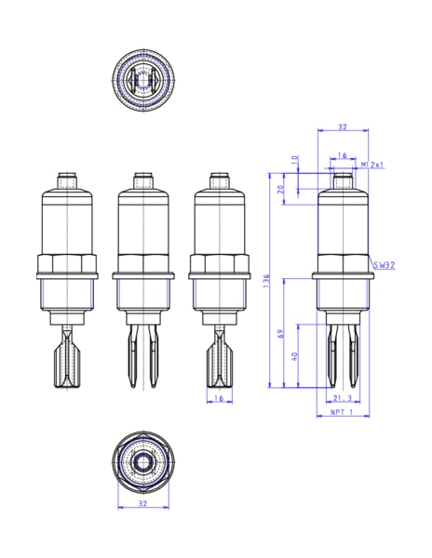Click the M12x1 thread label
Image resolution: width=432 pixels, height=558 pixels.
(373, 165)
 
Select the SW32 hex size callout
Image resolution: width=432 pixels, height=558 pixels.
(383, 265)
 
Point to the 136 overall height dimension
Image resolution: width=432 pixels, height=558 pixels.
(266, 279)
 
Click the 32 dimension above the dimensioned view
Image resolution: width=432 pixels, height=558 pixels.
(342, 127)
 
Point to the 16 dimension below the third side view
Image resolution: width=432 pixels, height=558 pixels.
(219, 398)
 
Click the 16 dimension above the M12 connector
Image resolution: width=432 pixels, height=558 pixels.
(342, 155)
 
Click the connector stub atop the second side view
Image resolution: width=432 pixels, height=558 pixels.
(142, 179)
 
